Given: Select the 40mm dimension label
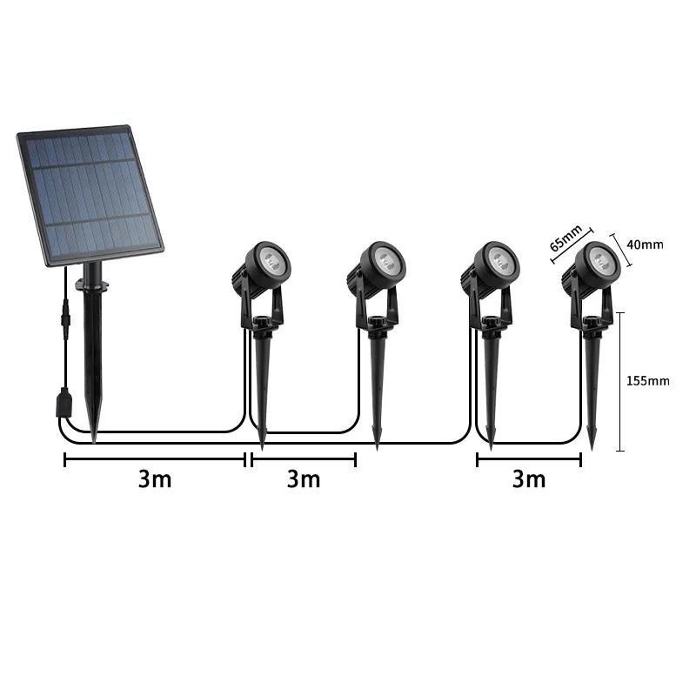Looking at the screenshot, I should pos(645,245).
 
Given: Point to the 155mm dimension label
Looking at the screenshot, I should pos(648,381).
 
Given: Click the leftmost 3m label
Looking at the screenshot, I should pos(155,479).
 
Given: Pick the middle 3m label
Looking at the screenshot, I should pos(304,479).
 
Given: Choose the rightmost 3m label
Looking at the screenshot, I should pos(528,479).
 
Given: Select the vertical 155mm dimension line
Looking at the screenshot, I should pos(620,381).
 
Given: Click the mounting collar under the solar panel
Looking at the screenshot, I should pos(90,283).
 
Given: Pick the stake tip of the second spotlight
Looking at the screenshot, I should pos(377,445).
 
